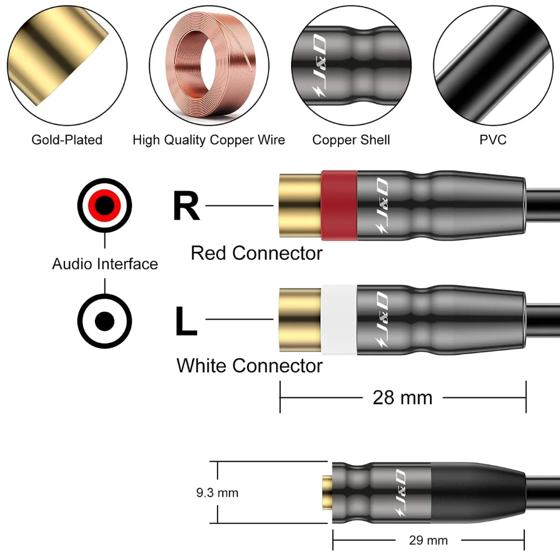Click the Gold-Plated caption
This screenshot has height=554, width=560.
click(67, 140)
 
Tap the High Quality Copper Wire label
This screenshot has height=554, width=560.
click(209, 140)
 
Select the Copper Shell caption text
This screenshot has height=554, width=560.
click(351, 140)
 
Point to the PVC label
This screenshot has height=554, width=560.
click(493, 140)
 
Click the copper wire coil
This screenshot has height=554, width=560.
click(209, 65)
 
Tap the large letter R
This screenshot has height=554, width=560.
click(186, 207)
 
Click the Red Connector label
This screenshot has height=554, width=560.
click(257, 253)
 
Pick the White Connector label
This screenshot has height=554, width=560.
click(249, 366)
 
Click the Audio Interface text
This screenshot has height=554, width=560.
click(105, 264)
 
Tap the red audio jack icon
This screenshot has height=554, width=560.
click(105, 205)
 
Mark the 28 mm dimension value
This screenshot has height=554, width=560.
click(402, 397)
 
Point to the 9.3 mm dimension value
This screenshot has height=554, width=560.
click(218, 493)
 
